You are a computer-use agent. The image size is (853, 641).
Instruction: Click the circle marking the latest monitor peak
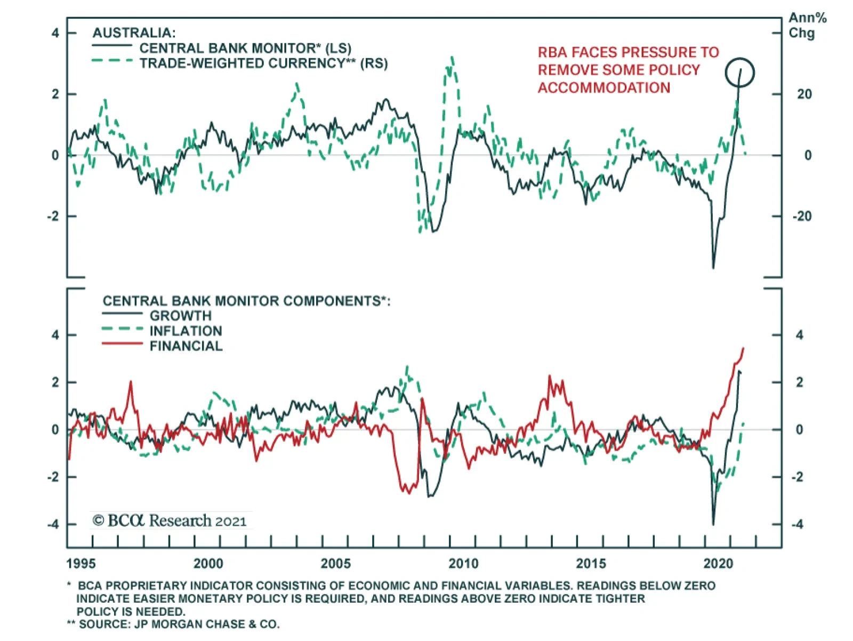click(x=739, y=73)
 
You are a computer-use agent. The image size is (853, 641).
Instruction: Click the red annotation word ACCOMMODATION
click(x=603, y=88)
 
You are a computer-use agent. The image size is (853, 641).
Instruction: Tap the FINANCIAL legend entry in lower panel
click(x=186, y=346)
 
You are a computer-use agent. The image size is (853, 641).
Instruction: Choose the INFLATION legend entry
click(x=186, y=331)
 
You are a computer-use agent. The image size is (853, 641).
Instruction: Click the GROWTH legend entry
click(x=180, y=316)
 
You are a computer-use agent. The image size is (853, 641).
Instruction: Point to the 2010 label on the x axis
click(x=463, y=564)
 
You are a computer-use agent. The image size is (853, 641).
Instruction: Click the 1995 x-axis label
click(x=81, y=564)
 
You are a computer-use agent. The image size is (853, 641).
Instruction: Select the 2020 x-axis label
click(x=718, y=564)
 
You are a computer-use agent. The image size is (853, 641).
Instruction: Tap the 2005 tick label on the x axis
click(x=336, y=564)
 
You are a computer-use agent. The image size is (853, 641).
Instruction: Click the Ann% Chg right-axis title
click(x=807, y=26)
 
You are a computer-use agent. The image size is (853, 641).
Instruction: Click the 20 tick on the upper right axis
click(x=804, y=94)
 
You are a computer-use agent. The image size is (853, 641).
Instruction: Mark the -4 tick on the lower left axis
click(x=53, y=524)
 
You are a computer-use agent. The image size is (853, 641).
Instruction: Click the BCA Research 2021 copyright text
click(x=170, y=520)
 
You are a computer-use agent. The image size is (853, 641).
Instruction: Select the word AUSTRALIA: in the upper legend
click(x=134, y=33)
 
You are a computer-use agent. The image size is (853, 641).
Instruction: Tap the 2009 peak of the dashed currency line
click(x=452, y=57)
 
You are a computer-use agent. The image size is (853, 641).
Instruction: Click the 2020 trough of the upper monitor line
click(x=713, y=267)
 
